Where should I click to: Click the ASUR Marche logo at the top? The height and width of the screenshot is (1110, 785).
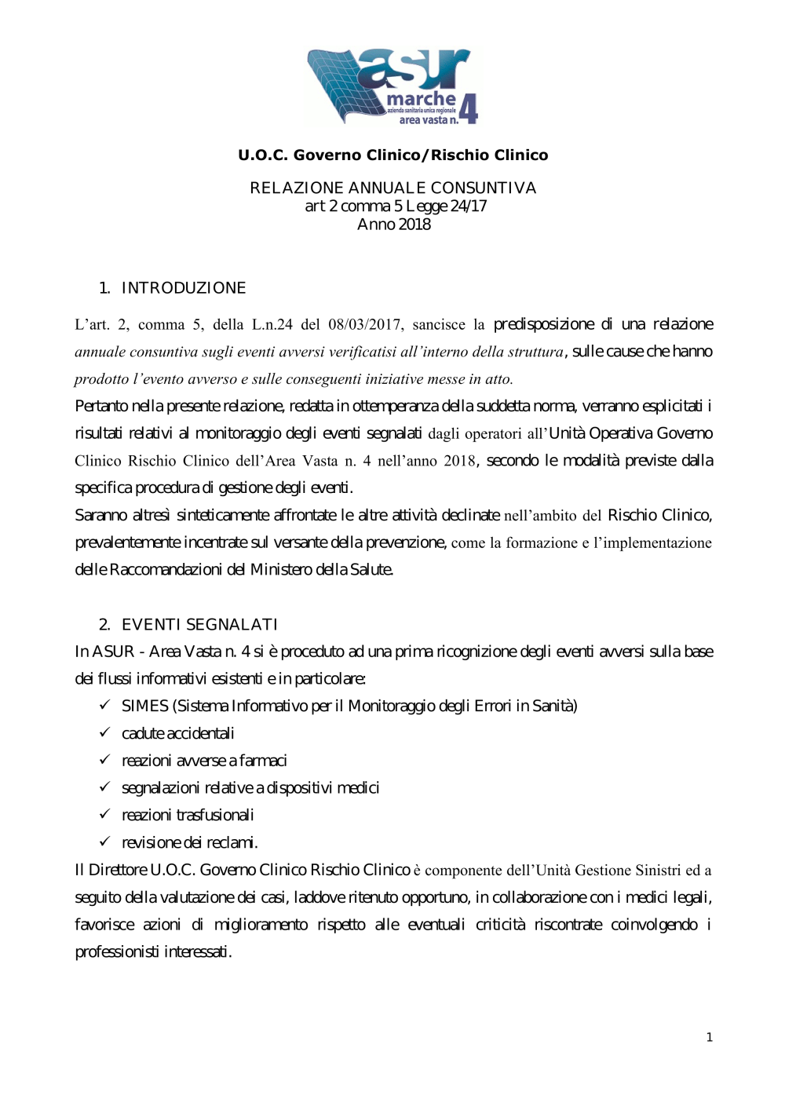point(392,86)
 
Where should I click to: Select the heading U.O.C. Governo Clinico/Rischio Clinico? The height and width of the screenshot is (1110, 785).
point(392,155)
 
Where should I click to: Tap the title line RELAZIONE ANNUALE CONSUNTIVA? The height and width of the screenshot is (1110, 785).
point(392,188)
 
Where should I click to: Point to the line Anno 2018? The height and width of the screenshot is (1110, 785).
point(393,225)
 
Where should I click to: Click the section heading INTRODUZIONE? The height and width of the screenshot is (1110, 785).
point(183,288)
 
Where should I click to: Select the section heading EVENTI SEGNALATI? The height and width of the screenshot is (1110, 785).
point(199,625)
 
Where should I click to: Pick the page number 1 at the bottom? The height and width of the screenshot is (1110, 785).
point(710,1038)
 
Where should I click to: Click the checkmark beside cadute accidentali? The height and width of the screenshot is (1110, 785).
point(104,732)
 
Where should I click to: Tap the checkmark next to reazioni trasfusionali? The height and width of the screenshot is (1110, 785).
point(104,814)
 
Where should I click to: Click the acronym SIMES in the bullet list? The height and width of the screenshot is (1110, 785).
point(144,707)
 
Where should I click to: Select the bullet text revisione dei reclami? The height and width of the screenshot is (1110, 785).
point(189,843)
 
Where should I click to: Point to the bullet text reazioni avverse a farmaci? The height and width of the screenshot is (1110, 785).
point(204,761)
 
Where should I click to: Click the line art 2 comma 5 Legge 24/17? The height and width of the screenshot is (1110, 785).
point(396,206)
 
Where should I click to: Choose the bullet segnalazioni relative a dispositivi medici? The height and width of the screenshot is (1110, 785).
point(250,788)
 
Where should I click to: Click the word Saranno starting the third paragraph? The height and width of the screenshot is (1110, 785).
point(101,516)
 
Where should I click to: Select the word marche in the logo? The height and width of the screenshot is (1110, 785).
point(421,100)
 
